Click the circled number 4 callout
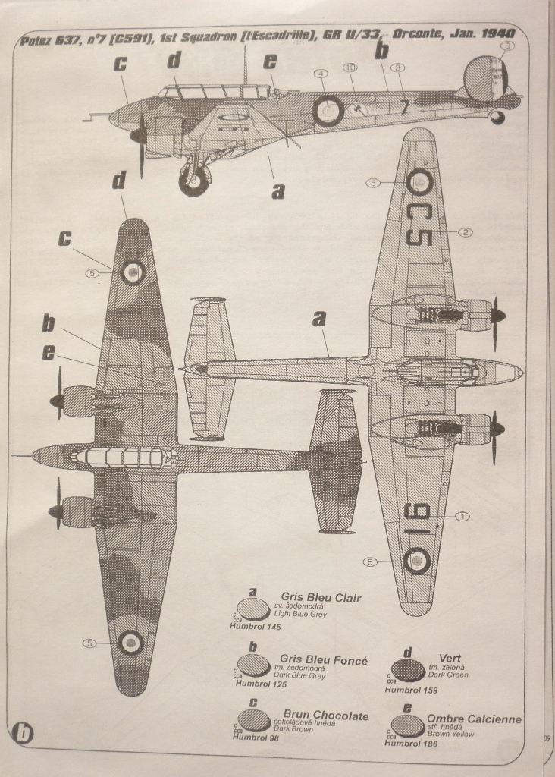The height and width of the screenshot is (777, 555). pyautogui.click(x=321, y=74)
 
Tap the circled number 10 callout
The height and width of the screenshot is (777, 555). pyautogui.click(x=350, y=68)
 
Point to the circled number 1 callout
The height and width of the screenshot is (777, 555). pyautogui.click(x=463, y=516)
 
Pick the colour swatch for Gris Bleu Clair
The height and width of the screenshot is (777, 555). pyautogui.click(x=253, y=609)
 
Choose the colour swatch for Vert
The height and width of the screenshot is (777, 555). pyautogui.click(x=408, y=669)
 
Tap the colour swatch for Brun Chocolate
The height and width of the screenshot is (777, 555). pyautogui.click(x=253, y=719)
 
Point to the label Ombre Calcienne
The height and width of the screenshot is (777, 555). pyautogui.click(x=474, y=719)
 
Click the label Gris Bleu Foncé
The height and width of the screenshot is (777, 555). pyautogui.click(x=323, y=660)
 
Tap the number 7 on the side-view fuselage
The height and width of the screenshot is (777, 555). pyautogui.click(x=404, y=108)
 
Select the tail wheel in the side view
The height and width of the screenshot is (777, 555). pyautogui.click(x=497, y=117)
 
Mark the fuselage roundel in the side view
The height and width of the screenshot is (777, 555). pyautogui.click(x=328, y=111)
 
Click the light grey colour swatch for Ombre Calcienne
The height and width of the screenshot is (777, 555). pyautogui.click(x=407, y=725)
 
